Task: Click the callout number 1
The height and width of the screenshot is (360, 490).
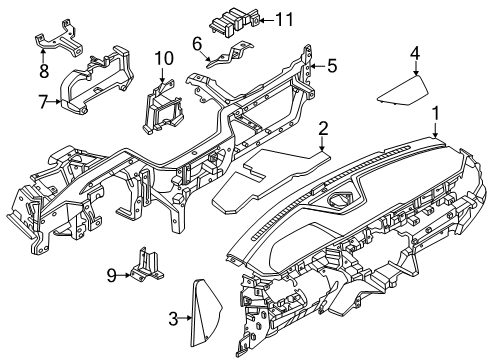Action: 435,114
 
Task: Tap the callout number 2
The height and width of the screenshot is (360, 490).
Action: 323,129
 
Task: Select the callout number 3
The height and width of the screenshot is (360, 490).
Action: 173,319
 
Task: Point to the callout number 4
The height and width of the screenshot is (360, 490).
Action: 415,53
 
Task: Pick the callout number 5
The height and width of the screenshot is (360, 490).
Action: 332,66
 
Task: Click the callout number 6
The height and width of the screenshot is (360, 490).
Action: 197,44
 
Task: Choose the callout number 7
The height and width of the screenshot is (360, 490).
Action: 43,102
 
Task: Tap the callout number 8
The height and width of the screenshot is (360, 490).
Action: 44,71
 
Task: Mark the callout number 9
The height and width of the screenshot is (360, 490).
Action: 112,275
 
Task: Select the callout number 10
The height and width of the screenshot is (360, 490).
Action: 164,58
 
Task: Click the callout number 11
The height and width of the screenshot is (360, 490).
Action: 284,19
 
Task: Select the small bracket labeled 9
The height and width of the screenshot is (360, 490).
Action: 146,265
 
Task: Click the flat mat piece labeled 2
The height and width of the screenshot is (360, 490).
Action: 271,181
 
